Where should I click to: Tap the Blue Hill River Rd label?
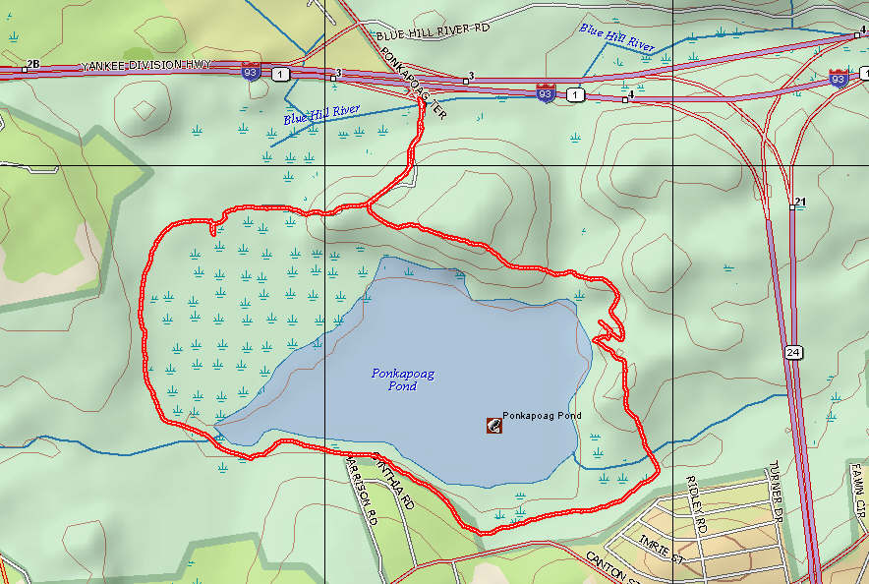433,30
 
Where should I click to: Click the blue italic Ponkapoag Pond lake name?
402,380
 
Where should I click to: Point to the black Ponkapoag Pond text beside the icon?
542,416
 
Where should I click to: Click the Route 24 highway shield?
792,351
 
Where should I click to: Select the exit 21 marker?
799,203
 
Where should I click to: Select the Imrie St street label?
661,546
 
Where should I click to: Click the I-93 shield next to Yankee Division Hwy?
251,71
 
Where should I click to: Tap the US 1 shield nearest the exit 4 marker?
575,94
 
